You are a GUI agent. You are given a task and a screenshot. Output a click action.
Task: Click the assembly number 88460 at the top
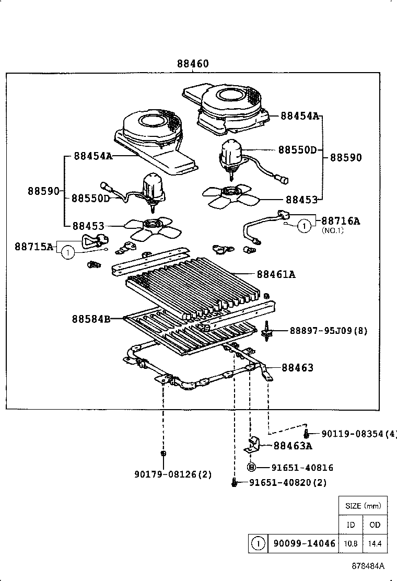pyautogui.click(x=192, y=64)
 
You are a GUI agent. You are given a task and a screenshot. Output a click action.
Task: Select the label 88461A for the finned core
pyautogui.click(x=276, y=274)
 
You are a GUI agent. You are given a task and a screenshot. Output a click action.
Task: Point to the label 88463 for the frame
pyautogui.click(x=298, y=368)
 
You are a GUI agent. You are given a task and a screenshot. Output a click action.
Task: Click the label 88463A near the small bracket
pyautogui.click(x=293, y=445)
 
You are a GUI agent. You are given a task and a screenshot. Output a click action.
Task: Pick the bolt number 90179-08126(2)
pyautogui.click(x=173, y=474)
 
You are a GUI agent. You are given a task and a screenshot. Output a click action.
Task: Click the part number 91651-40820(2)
pyautogui.click(x=287, y=483)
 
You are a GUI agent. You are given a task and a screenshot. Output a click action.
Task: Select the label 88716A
pyautogui.click(x=340, y=220)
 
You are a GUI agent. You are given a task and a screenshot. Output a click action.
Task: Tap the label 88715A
pyautogui.click(x=34, y=246)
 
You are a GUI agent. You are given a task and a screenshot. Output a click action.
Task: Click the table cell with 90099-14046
pyautogui.click(x=303, y=543)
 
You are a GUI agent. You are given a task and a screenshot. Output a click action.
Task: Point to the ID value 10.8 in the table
pyautogui.click(x=351, y=543)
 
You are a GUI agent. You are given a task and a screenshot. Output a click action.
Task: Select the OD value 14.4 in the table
pyautogui.click(x=375, y=543)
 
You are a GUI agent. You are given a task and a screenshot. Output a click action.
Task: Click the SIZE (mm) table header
pyautogui.click(x=363, y=505)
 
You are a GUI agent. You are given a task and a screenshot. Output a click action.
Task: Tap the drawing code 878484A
pyautogui.click(x=367, y=566)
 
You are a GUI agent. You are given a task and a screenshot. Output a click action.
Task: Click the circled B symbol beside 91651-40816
pyautogui.click(x=251, y=468)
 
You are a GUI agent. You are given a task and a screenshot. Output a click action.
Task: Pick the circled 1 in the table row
pyautogui.click(x=258, y=543)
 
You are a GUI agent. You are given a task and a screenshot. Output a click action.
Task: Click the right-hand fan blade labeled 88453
pyautogui.click(x=229, y=196)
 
